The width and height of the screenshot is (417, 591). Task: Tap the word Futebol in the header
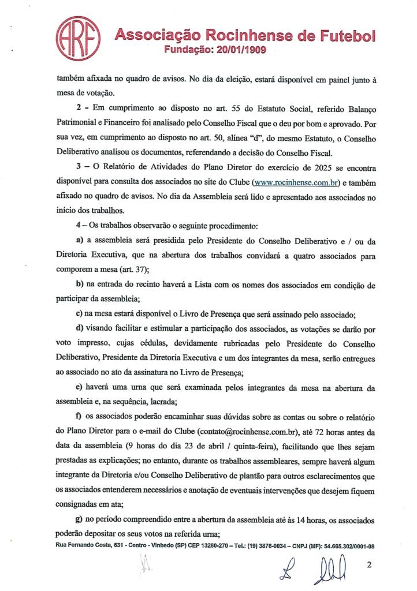[345, 36]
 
